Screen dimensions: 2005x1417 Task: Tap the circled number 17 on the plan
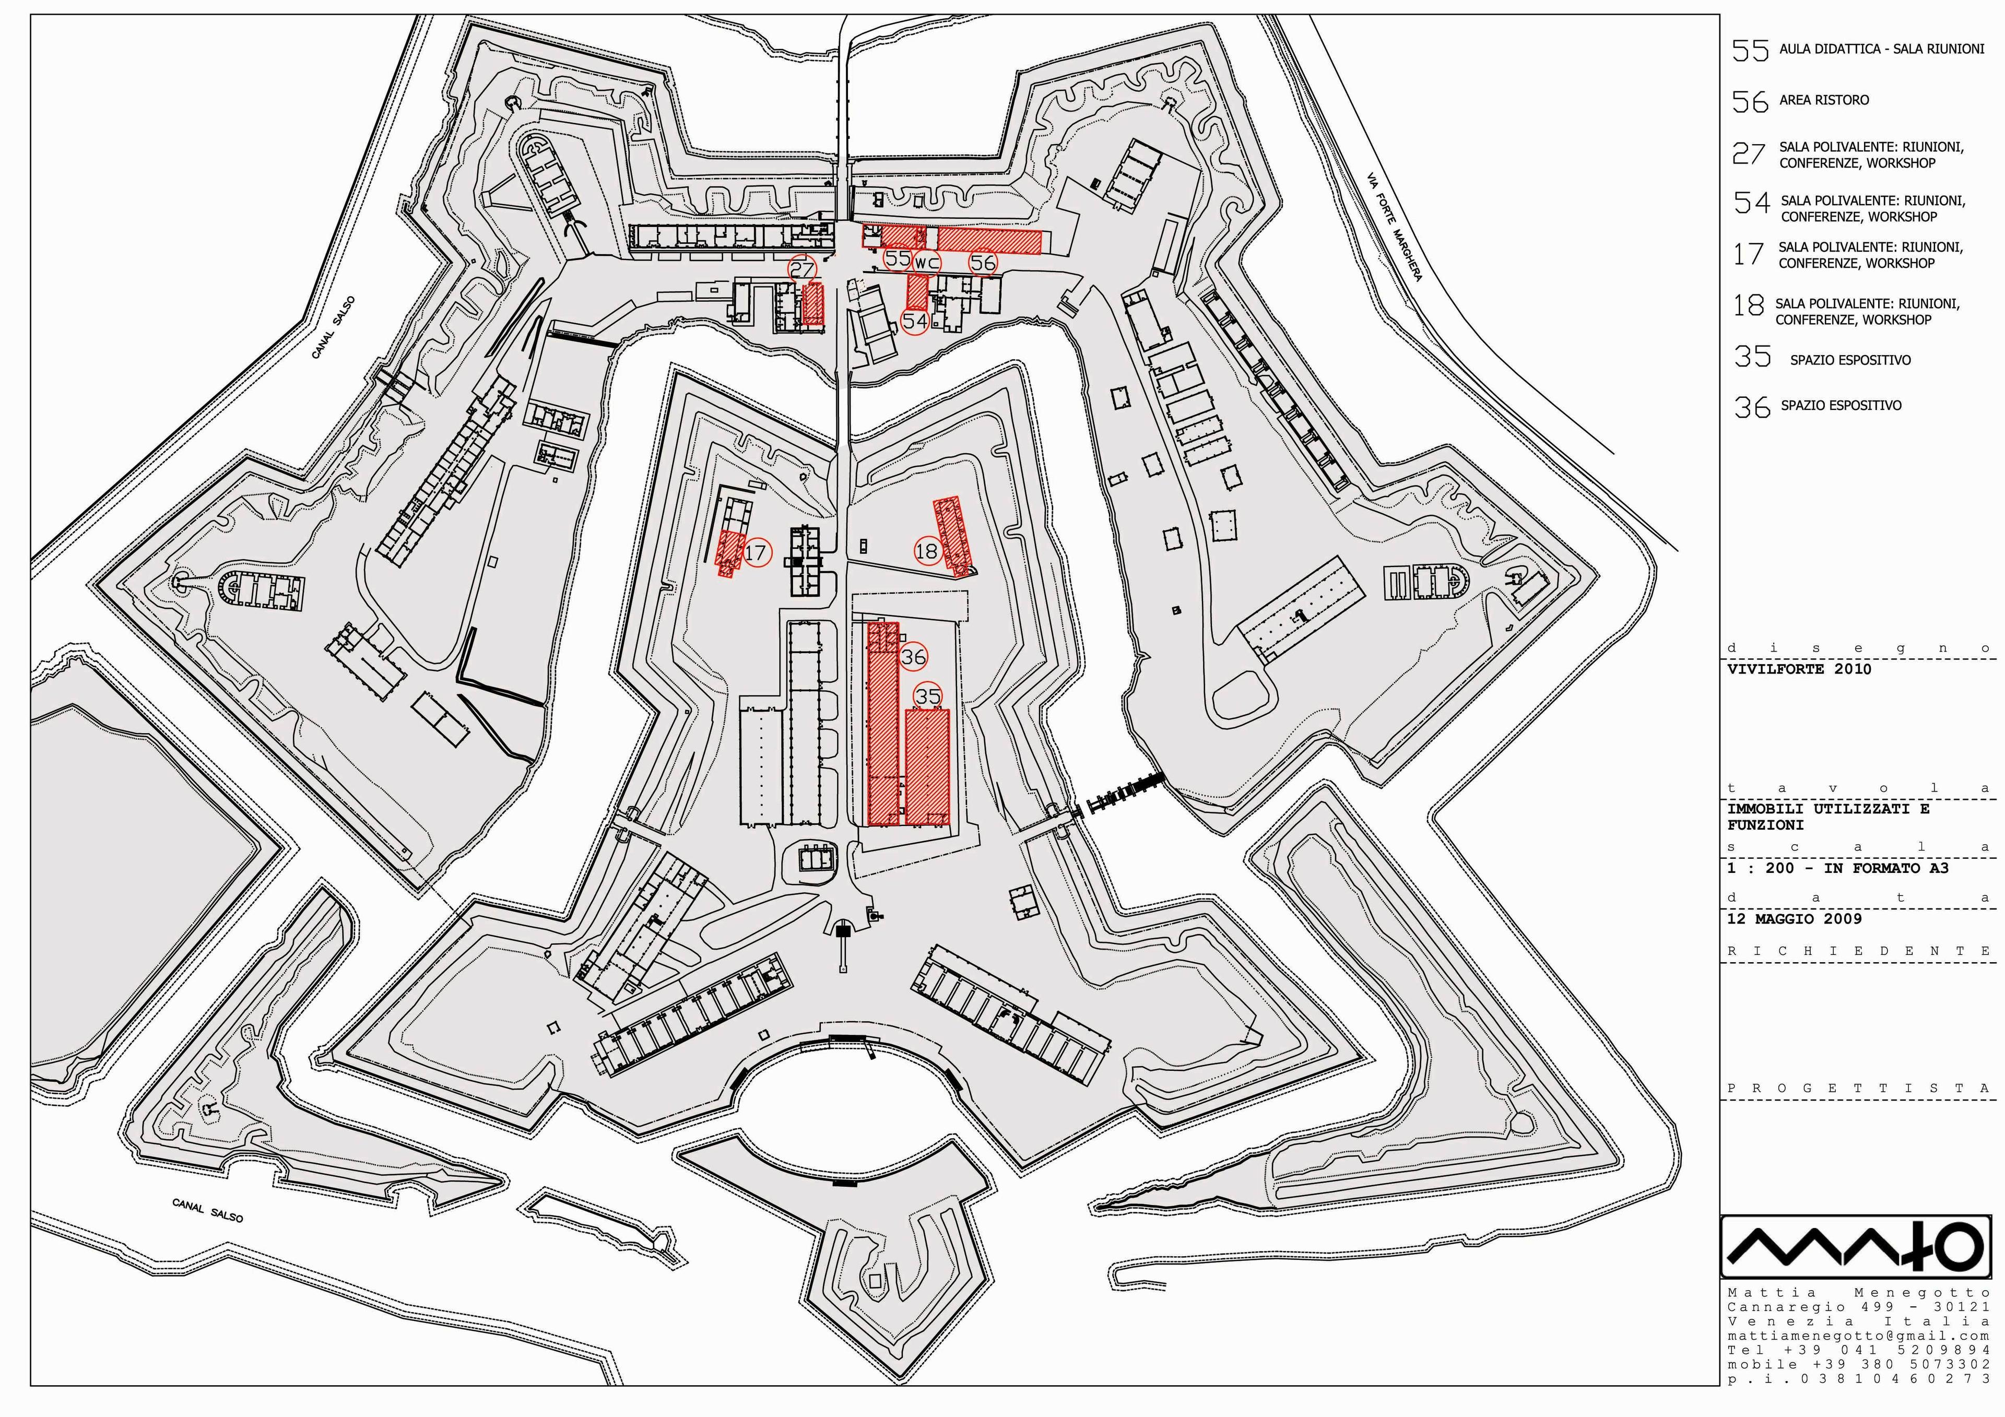[756, 552]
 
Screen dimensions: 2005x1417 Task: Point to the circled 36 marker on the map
[913, 657]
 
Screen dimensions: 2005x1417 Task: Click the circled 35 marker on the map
[927, 696]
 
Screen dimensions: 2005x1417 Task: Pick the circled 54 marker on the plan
[914, 321]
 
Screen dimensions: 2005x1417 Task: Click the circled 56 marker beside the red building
[983, 262]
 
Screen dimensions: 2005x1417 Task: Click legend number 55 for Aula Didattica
[1750, 51]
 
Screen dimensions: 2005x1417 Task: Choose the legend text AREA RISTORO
[1824, 100]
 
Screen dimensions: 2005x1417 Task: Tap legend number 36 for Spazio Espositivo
[1752, 407]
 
